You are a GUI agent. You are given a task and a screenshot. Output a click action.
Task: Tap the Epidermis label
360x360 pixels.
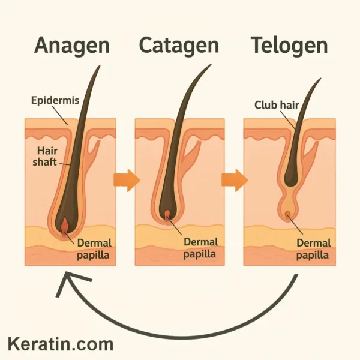(x=55, y=101)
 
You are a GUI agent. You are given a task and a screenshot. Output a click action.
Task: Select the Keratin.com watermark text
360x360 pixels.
(x=60, y=344)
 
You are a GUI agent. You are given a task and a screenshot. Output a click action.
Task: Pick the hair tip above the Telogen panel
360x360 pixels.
(x=319, y=78)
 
